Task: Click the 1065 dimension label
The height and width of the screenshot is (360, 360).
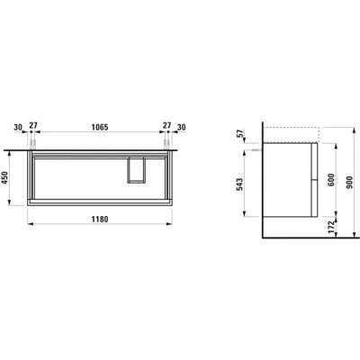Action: click(100, 127)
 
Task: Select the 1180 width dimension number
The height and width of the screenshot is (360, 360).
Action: click(100, 220)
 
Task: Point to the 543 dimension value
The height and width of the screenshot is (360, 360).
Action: click(239, 184)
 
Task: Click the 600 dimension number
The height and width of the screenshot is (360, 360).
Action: click(331, 180)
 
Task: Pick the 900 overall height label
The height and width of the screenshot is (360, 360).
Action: click(348, 183)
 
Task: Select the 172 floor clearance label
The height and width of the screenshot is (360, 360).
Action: click(331, 227)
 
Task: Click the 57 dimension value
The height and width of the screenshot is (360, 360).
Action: click(239, 132)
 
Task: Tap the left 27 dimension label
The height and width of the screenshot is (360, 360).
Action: click(33, 125)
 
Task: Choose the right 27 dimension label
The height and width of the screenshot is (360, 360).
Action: click(166, 125)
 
